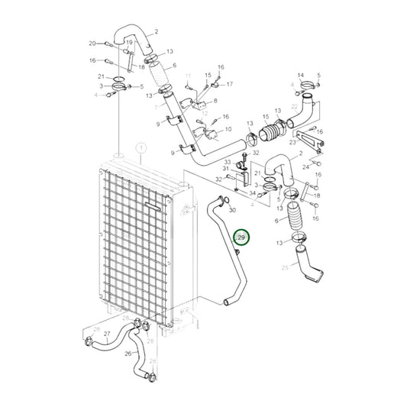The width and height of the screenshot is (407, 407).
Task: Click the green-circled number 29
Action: [241, 238]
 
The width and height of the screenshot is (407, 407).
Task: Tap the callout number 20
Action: [92, 44]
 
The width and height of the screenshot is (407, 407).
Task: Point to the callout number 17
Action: [228, 84]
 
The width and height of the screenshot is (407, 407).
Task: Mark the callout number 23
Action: [292, 141]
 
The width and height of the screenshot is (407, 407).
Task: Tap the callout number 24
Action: [305, 166]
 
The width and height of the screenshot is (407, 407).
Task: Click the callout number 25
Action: [285, 267]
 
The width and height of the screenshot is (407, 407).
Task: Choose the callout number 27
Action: [107, 334]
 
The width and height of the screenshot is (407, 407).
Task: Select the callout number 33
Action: [227, 161]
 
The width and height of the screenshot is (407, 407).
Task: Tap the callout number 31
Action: [227, 169]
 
